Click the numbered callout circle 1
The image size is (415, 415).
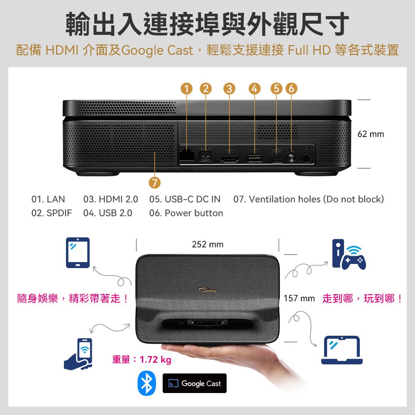click(x=187, y=89)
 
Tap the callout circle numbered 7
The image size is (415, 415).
click(x=154, y=183)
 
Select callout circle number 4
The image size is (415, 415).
click(x=254, y=89)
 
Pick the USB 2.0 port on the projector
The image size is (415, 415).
click(x=254, y=158)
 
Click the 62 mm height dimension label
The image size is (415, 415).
click(x=371, y=134)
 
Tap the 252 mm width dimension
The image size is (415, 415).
click(x=207, y=245)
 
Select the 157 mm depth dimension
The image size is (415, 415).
click(x=299, y=299)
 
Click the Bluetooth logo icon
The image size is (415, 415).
click(x=147, y=383)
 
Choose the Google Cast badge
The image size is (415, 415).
click(x=195, y=383)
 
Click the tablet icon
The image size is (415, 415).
click(x=78, y=252)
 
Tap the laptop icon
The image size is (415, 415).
click(x=342, y=350)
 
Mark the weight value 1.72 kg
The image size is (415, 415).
click(x=156, y=360)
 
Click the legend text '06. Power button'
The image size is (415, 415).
click(x=186, y=213)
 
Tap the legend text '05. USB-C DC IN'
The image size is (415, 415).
click(x=185, y=200)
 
